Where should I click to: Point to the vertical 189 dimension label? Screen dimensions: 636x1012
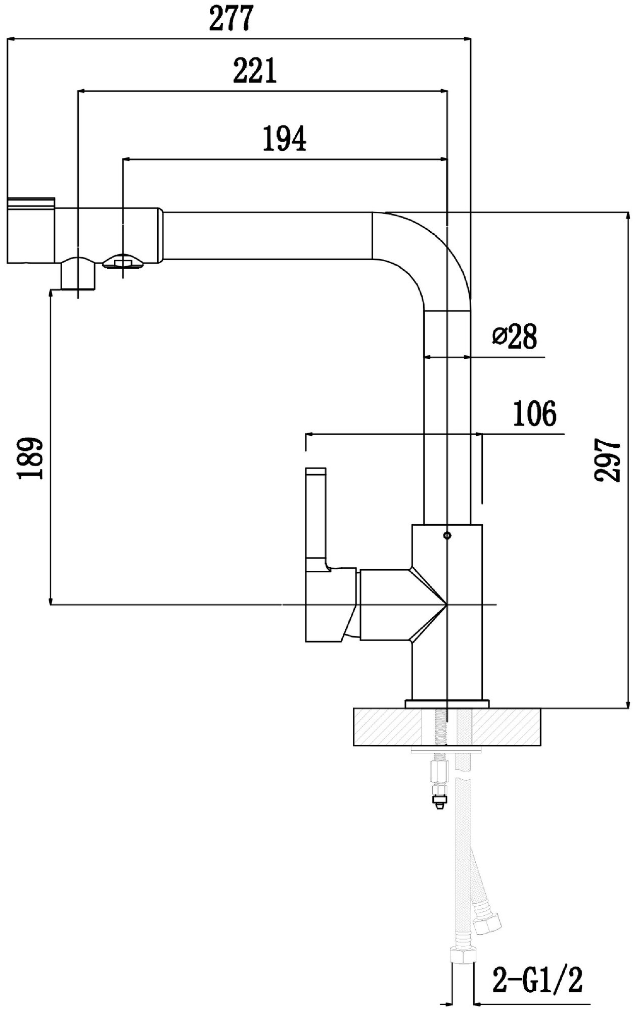click(x=30, y=458)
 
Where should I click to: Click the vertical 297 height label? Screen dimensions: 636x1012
click(x=608, y=460)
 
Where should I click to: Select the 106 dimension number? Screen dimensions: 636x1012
click(x=534, y=414)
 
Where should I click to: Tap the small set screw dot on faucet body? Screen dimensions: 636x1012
click(x=446, y=535)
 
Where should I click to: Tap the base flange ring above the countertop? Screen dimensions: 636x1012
click(x=447, y=703)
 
